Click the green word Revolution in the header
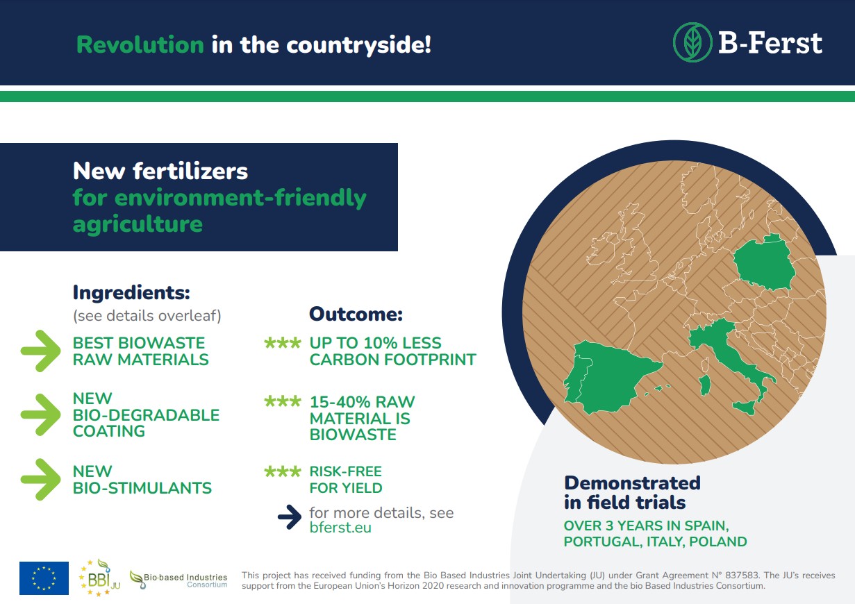pyautogui.click(x=140, y=44)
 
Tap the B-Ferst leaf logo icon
pyautogui.click(x=692, y=42)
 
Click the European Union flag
pyautogui.click(x=44, y=578)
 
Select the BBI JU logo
pyautogui.click(x=99, y=578)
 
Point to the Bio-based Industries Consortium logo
pyautogui.click(x=179, y=580)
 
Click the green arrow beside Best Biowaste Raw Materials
pyautogui.click(x=40, y=351)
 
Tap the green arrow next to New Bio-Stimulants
pyautogui.click(x=40, y=480)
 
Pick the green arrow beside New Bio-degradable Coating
pyautogui.click(x=40, y=414)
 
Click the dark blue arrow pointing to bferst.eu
pyautogui.click(x=290, y=517)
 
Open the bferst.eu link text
pyautogui.click(x=340, y=528)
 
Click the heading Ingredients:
pyautogui.click(x=131, y=293)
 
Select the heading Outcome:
pyautogui.click(x=356, y=314)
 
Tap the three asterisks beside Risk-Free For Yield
pyautogui.click(x=283, y=471)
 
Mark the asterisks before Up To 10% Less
pyautogui.click(x=283, y=343)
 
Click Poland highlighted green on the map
pyautogui.click(x=764, y=263)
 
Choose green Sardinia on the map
pyautogui.click(x=704, y=385)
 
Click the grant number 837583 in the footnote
pyautogui.click(x=742, y=575)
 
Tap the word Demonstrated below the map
pyautogui.click(x=632, y=483)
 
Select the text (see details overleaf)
pyautogui.click(x=147, y=316)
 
